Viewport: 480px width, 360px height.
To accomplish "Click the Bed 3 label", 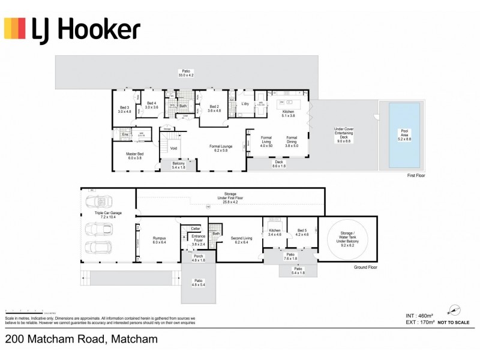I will click(x=124, y=109).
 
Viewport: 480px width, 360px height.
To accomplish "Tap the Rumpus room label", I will click(x=160, y=239).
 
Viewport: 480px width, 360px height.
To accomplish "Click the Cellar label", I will click(x=194, y=229).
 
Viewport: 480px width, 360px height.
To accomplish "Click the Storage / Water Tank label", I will click(x=349, y=238).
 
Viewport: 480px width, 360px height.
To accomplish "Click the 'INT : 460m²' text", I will click(x=419, y=315).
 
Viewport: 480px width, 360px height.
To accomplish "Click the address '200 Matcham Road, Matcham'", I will click(x=82, y=339).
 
